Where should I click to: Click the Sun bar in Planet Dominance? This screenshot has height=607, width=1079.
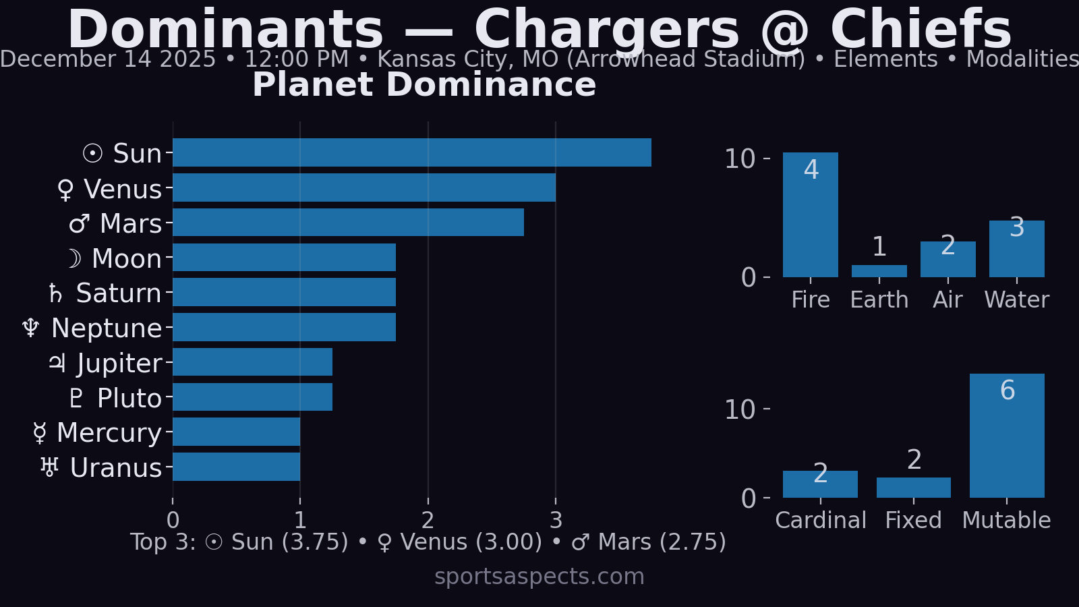(x=411, y=152)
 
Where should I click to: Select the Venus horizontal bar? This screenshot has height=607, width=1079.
(x=364, y=187)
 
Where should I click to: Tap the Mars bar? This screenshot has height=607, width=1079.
(x=348, y=223)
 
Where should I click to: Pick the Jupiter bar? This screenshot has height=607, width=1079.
(x=252, y=362)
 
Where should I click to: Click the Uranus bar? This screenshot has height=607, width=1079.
(x=236, y=467)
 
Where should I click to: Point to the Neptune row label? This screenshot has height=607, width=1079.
(x=92, y=328)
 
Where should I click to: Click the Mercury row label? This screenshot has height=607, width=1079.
(x=97, y=433)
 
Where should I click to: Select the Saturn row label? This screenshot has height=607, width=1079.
(x=105, y=293)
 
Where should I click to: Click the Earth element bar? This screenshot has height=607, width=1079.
(x=879, y=271)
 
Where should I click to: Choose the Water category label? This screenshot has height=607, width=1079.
(x=1016, y=299)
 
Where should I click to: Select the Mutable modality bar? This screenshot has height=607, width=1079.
(x=1007, y=438)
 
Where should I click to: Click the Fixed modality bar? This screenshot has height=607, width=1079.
(x=913, y=488)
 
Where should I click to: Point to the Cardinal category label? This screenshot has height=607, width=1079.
(x=820, y=520)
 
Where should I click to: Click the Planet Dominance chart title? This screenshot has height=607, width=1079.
(x=424, y=85)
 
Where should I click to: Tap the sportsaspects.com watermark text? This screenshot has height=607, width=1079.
(x=539, y=577)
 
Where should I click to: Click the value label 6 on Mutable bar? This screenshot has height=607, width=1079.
(x=1008, y=391)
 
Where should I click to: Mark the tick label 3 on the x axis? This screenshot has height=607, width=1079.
(x=556, y=520)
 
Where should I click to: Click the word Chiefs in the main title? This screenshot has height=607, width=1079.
(x=921, y=30)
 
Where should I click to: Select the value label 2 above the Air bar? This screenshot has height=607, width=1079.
(x=947, y=245)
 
